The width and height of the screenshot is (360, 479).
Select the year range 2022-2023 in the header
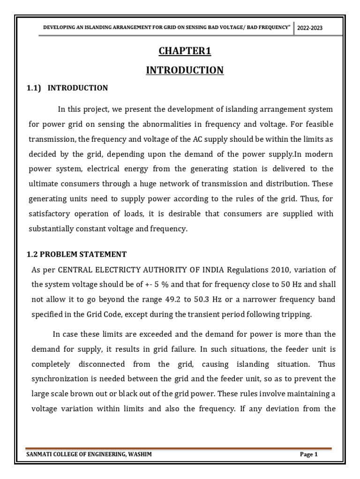point(310,28)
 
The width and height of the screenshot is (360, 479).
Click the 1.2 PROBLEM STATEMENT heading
point(75,254)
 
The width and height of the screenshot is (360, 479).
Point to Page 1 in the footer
point(309,454)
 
